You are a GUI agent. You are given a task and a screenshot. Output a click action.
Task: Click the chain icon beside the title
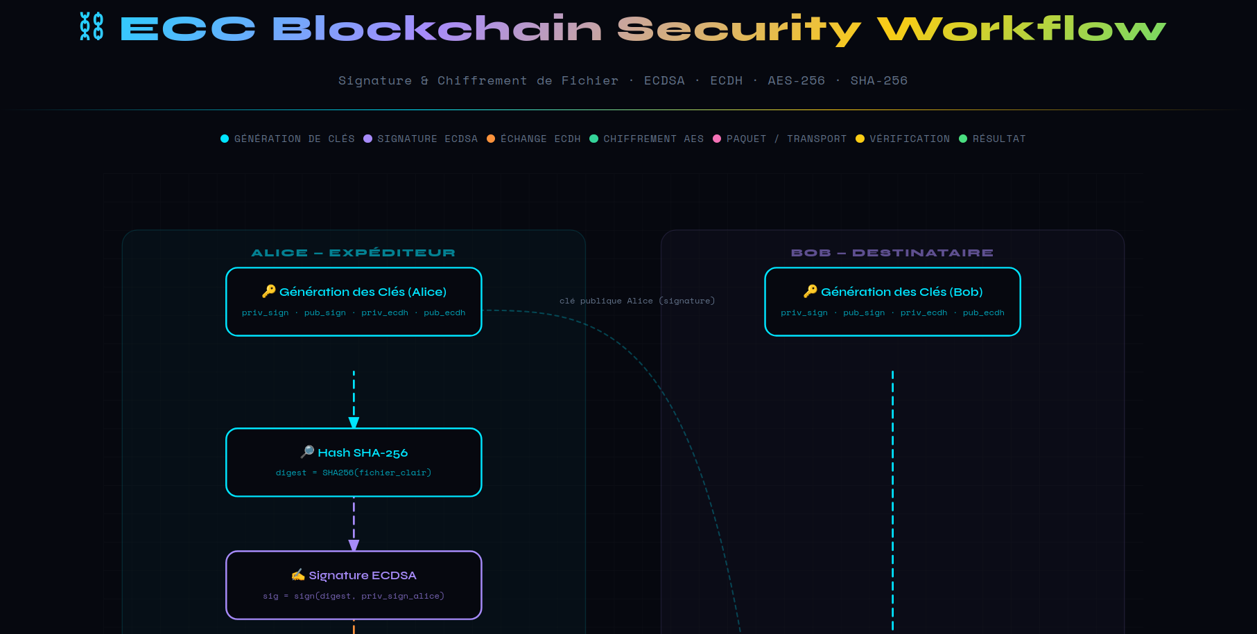92,26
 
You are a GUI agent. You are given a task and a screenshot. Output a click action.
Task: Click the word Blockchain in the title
437,28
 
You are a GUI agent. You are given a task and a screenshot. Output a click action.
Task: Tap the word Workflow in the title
1021,28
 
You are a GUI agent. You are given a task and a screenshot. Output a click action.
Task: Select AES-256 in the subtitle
796,80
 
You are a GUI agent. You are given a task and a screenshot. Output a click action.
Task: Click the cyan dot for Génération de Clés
225,139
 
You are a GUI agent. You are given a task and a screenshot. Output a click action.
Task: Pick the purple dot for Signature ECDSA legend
368,139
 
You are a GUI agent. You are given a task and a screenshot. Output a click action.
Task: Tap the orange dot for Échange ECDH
491,139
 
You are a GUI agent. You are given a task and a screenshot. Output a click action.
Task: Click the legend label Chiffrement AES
653,139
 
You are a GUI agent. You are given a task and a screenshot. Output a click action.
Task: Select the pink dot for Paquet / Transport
717,139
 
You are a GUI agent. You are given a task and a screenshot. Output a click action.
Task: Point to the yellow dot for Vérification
860,139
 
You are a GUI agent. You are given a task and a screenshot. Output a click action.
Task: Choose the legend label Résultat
999,139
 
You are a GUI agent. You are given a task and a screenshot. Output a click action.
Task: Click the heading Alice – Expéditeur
354,253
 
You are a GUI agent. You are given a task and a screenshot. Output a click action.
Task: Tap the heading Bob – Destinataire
892,253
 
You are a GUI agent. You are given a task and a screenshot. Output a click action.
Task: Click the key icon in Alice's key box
269,291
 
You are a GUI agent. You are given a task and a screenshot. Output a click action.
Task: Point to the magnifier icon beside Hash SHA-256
307,452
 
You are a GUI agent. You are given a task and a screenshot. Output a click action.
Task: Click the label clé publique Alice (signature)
637,301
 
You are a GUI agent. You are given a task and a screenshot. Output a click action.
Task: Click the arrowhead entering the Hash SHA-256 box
354,423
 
